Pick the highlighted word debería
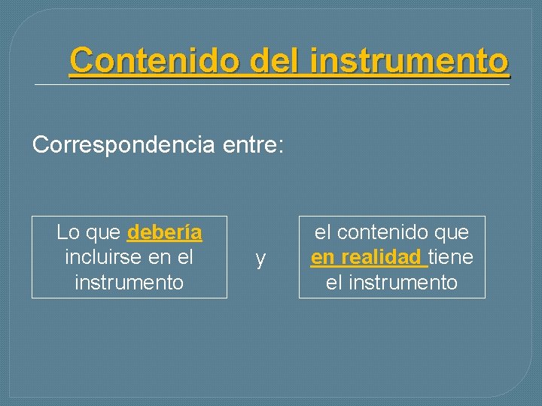(x=165, y=232)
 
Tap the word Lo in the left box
(x=68, y=232)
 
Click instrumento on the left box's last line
(x=129, y=282)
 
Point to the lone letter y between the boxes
(x=260, y=259)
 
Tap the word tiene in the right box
(x=451, y=257)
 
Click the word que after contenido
(x=451, y=232)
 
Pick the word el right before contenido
(x=322, y=232)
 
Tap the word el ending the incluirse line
(x=186, y=257)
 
